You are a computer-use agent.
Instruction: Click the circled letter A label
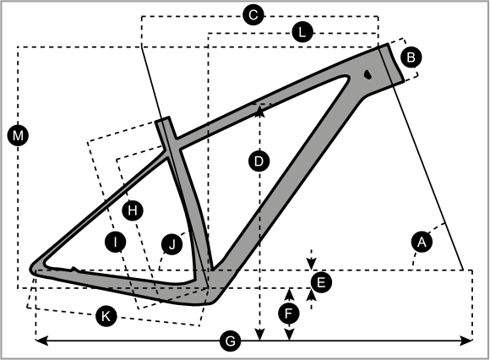pos(422,242)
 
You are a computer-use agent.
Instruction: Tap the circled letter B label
pos(411,57)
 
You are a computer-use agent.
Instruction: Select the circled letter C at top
pos(253,14)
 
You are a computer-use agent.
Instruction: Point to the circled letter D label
pos(259,161)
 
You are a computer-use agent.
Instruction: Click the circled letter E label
pos(321,282)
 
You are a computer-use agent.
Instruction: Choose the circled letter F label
pos(289,314)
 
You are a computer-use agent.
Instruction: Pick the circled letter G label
pos(231,341)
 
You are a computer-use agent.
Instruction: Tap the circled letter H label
pos(133,210)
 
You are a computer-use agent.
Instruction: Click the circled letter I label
pos(115,242)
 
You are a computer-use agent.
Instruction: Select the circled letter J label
pos(171,244)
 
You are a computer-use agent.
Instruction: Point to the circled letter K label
pos(106,316)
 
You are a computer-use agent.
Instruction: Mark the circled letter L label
pos(302,32)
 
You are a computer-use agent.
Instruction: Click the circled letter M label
pos(18,135)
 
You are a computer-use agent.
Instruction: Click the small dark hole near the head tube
pos(367,74)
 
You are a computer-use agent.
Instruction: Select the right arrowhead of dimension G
pos(466,341)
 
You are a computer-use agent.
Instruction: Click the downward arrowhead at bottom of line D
pos(260,335)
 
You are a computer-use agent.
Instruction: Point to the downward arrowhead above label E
pos(311,264)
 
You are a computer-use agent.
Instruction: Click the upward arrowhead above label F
pos(290,294)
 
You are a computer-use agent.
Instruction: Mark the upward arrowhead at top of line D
pos(260,111)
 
